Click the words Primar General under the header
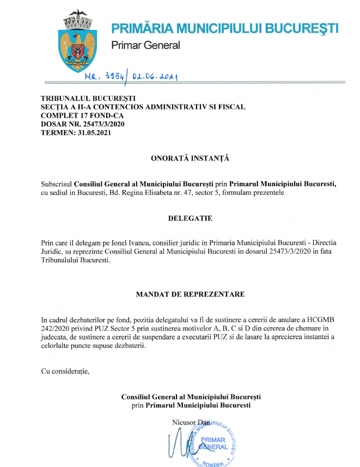tap(145, 45)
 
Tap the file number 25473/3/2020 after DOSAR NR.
tap(102, 124)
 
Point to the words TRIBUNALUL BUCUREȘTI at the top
tap(81, 99)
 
